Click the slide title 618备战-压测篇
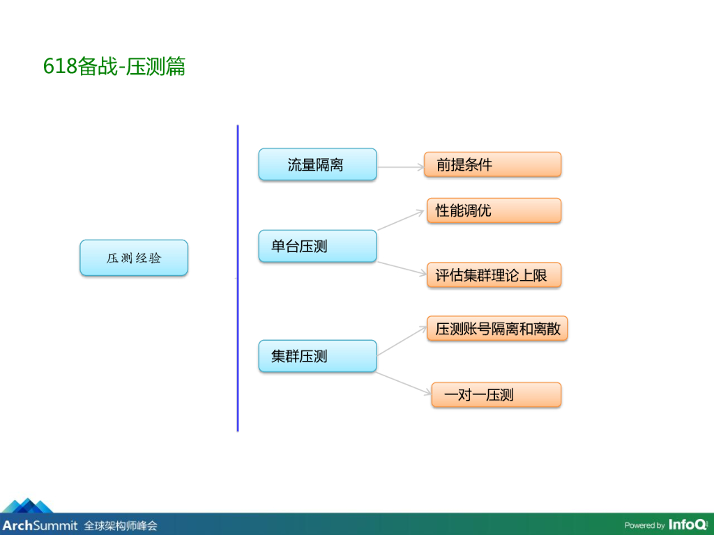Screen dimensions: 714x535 [114, 67]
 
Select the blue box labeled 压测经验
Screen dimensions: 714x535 [134, 258]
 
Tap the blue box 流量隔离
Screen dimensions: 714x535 [317, 165]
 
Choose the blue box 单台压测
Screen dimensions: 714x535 [317, 246]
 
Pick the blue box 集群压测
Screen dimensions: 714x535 [317, 356]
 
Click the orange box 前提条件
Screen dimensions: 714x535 [493, 165]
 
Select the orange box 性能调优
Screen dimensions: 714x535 [494, 210]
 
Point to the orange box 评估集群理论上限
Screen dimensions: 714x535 [494, 275]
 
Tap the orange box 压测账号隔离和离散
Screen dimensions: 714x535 [497, 329]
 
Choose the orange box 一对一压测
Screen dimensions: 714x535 [496, 395]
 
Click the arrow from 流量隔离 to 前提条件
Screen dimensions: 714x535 [400, 167]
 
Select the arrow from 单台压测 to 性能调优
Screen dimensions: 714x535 [402, 219]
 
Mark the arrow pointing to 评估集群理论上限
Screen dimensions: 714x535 [402, 270]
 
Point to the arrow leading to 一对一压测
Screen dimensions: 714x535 [404, 384]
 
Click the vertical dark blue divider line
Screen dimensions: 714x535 [238, 279]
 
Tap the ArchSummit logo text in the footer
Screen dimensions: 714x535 [39, 525]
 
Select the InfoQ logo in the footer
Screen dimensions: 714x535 [688, 525]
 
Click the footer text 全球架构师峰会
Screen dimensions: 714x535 [121, 525]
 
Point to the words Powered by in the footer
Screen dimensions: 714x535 [644, 525]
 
